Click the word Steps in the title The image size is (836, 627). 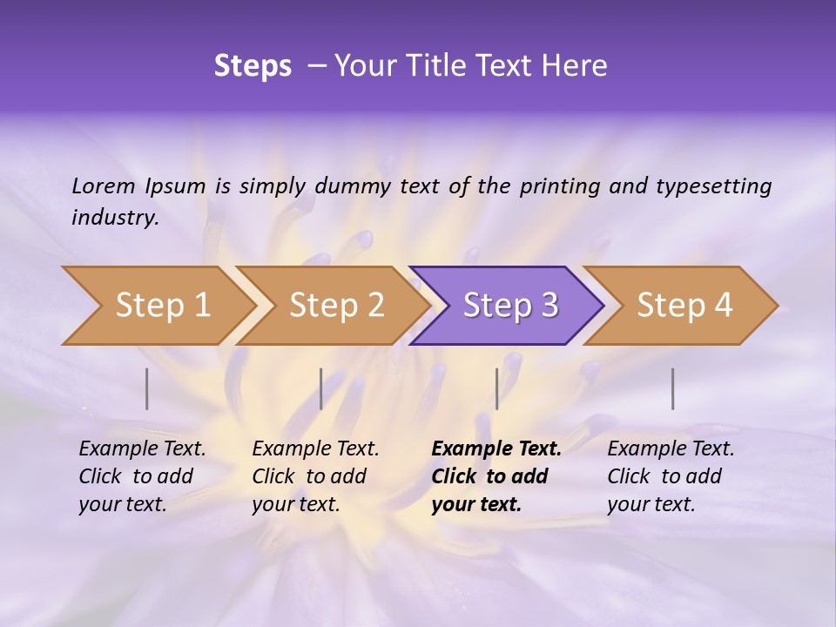coord(253,66)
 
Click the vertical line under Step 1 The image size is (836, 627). coord(147,388)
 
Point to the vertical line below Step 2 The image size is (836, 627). coord(321,388)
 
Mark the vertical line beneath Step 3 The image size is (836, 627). coord(497,388)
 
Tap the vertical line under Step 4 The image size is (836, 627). coord(673,388)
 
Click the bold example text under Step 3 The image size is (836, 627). coord(496,476)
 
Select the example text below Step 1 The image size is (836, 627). coord(142,476)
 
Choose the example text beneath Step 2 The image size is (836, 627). coord(315,476)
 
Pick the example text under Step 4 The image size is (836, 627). coord(671,476)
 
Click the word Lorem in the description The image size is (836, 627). coord(103,186)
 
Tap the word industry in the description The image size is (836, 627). coord(115,218)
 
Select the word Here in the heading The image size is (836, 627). coord(576,66)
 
